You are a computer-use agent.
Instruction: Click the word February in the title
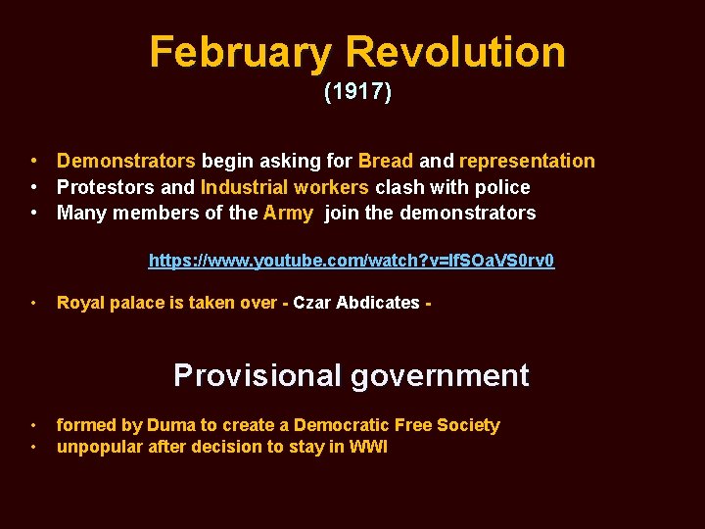tap(241, 52)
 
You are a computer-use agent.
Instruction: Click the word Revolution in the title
tap(455, 52)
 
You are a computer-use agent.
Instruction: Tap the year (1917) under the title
tap(357, 93)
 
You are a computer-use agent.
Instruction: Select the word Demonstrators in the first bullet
tap(126, 161)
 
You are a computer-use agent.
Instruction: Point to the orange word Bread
tap(386, 161)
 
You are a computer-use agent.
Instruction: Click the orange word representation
tap(527, 161)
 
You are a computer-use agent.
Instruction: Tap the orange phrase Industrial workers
tap(285, 187)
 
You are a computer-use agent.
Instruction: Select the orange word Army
tap(288, 213)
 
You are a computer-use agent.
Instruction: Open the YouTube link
tap(352, 261)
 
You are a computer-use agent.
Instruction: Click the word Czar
tap(312, 303)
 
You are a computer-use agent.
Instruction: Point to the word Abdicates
tap(378, 303)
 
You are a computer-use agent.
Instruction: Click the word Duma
tap(169, 425)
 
